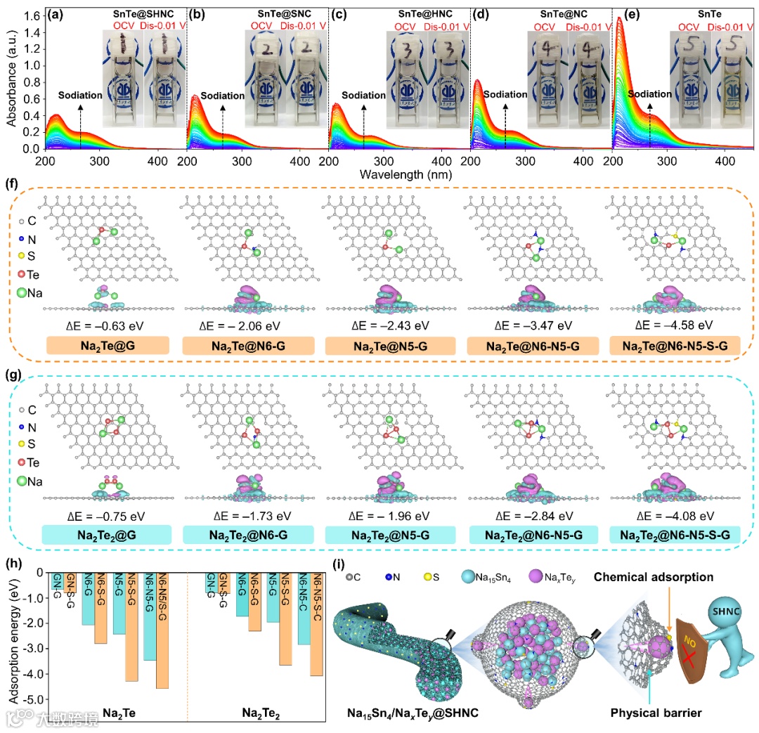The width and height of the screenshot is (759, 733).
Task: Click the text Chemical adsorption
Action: [x=654, y=577]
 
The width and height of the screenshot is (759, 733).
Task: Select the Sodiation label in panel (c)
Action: [x=364, y=96]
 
